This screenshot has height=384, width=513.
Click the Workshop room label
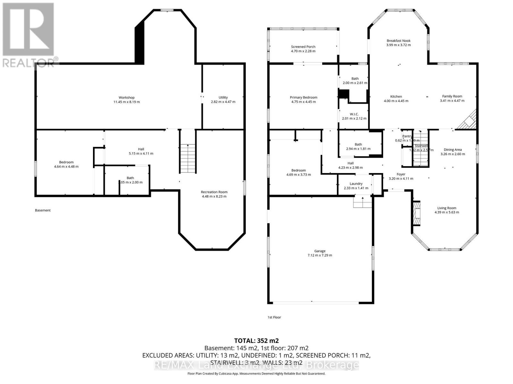126,98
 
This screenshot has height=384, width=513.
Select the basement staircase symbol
188,159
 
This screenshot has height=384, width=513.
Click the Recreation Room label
214,192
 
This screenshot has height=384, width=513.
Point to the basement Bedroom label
66,162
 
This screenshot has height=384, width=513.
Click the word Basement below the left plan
43,210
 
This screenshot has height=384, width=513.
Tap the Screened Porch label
303,47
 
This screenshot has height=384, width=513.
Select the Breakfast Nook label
398,41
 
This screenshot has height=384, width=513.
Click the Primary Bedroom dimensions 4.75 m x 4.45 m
303,102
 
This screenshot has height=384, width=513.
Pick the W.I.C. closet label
354,114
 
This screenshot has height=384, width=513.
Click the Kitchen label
396,97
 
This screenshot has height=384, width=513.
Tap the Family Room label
452,96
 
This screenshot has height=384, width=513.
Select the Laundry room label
356,184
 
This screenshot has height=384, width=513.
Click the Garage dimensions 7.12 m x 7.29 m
320,255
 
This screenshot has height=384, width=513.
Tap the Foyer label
401,174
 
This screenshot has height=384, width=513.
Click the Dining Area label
452,149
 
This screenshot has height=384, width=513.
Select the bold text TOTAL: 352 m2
256,340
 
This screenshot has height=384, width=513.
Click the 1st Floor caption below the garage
274,317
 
